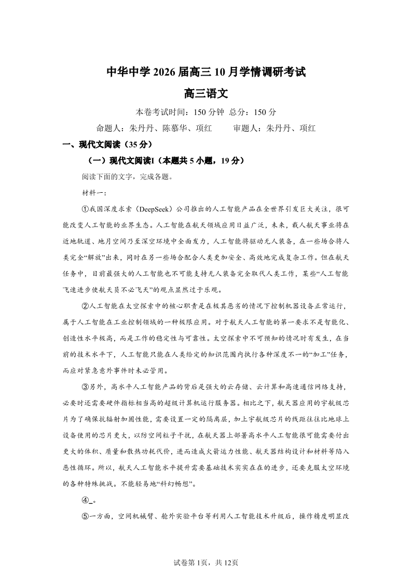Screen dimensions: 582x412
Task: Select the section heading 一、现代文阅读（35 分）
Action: pyautogui.click(x=107, y=145)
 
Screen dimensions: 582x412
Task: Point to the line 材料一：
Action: pyautogui.click(x=94, y=193)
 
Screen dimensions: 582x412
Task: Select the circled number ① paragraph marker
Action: pyautogui.click(x=86, y=209)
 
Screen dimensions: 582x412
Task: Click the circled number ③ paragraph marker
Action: pyautogui.click(x=86, y=387)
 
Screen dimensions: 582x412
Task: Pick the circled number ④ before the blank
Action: pyautogui.click(x=86, y=500)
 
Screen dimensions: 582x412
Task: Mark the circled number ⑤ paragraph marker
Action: pyautogui.click(x=86, y=516)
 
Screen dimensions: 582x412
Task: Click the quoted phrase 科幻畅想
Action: pyautogui.click(x=177, y=484)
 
